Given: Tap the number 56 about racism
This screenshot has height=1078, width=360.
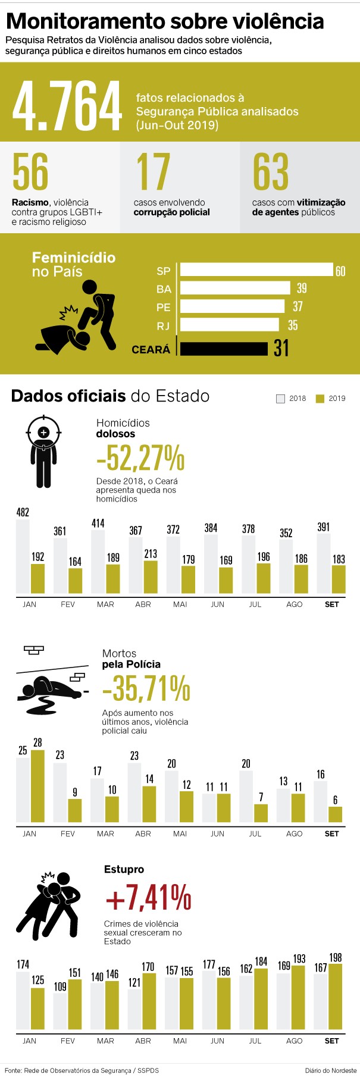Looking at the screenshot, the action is (30, 171).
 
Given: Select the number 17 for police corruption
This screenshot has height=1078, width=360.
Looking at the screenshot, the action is (153, 171).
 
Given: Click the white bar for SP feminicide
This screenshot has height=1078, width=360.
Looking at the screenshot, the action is (256, 270).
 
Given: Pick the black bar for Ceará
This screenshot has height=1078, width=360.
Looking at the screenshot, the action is (224, 349).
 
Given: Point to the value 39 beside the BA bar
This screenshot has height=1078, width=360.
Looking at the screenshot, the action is (302, 288).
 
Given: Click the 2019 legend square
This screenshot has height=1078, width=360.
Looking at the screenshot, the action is (320, 399).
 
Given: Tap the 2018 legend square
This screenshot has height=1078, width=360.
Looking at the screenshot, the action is (281, 399).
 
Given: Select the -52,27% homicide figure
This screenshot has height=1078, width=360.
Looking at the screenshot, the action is (140, 457).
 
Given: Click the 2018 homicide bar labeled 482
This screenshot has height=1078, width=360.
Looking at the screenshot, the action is (23, 556).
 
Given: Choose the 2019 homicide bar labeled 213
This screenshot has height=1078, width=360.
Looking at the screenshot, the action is (151, 577).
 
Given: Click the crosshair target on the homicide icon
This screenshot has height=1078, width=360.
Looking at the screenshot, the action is (43, 433).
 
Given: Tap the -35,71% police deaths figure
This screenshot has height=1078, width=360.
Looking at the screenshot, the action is (146, 688).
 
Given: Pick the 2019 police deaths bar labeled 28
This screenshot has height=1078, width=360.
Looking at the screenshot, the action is (37, 786).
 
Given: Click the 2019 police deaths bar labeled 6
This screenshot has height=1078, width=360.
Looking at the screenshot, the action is (336, 814).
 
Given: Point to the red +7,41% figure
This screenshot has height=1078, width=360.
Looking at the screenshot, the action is (148, 898).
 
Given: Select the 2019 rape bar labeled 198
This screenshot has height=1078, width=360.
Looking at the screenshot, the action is (336, 996).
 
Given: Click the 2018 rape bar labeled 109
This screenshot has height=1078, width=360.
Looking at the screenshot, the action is (60, 1011).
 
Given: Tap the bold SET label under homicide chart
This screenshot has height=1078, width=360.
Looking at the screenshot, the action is (332, 604).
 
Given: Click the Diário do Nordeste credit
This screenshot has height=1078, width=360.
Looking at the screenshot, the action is (331, 1070).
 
